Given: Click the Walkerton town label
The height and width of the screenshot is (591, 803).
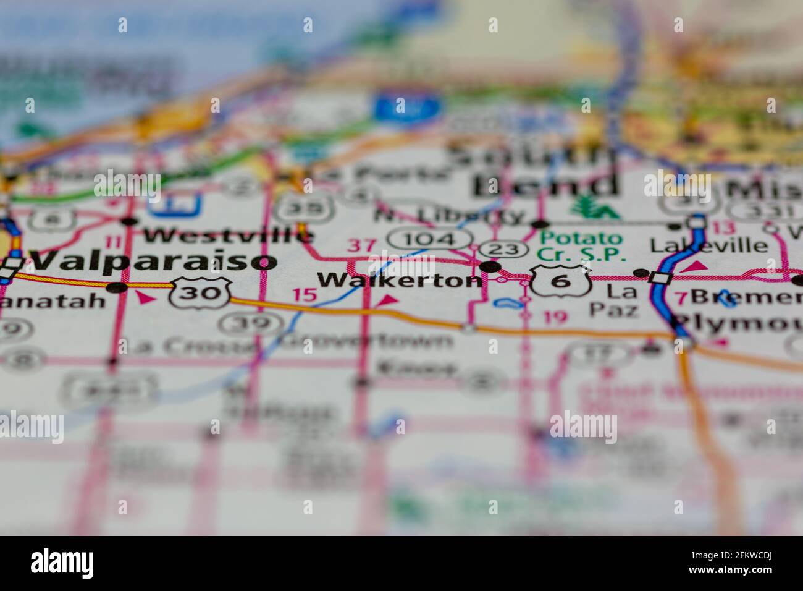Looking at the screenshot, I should click(400, 281).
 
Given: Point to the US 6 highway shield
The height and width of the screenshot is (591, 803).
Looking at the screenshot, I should click(560, 281).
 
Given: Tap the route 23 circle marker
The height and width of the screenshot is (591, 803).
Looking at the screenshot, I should click(503, 249).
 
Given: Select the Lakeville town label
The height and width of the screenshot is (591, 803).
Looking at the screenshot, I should click(709, 245).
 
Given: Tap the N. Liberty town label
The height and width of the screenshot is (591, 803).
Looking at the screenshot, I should click(449, 215).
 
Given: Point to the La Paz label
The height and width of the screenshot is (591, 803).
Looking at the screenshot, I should click(621, 299).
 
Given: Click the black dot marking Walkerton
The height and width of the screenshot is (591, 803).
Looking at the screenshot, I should click(490, 266).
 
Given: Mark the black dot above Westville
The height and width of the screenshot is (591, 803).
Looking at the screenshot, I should click(129, 221).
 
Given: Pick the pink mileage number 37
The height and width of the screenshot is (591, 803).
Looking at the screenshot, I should click(361, 246).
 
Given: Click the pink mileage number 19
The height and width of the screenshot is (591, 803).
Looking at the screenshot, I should click(555, 318).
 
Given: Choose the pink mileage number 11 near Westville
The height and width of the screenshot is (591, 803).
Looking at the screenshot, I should click(114, 242).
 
